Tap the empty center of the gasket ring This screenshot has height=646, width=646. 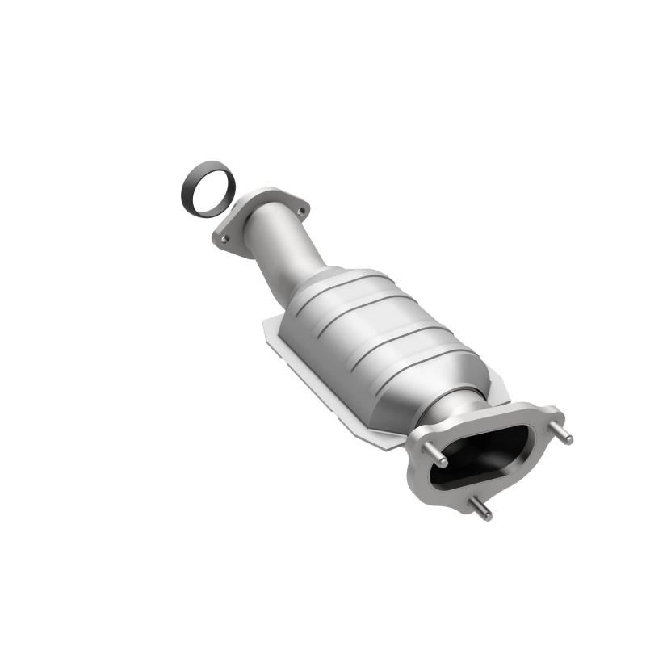208,188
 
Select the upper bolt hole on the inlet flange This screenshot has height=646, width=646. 300,212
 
